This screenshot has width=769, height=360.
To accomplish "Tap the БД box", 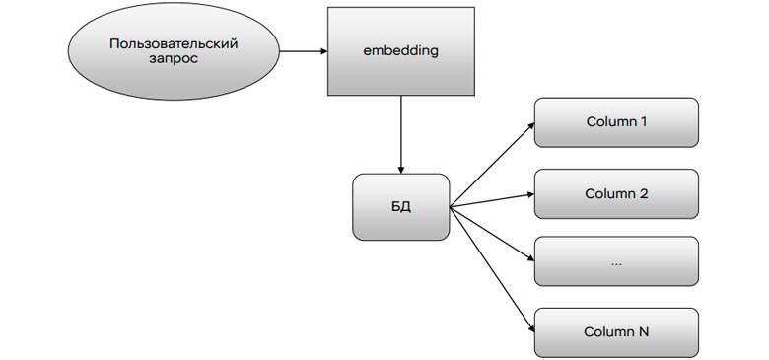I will coord(400,207).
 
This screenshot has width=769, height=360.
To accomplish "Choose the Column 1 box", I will coord(616,122).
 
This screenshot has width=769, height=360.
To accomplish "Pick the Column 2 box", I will coord(616,193).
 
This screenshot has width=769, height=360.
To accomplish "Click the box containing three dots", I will coord(616,261).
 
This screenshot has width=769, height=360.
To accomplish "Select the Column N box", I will coord(616,332).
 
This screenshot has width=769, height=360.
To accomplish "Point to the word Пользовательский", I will coord(175,43).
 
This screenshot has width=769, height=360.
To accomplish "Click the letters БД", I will coord(400,208).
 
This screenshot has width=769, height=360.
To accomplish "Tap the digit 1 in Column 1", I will coord(644,122).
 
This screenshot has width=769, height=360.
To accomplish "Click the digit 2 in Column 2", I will coord(644,193).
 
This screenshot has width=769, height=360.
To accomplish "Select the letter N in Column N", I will coord(644,332).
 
